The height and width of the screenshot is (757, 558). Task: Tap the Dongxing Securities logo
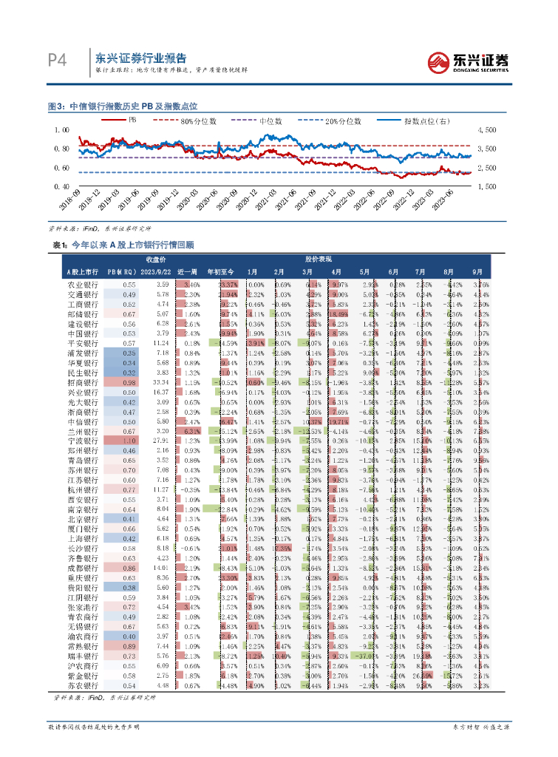click(469, 62)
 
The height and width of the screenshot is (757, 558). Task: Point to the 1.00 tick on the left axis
click(62, 129)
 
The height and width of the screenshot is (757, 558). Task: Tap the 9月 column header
click(478, 272)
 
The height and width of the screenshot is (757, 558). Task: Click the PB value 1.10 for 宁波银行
click(129, 441)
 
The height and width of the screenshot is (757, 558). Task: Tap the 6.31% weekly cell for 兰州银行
click(191, 431)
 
